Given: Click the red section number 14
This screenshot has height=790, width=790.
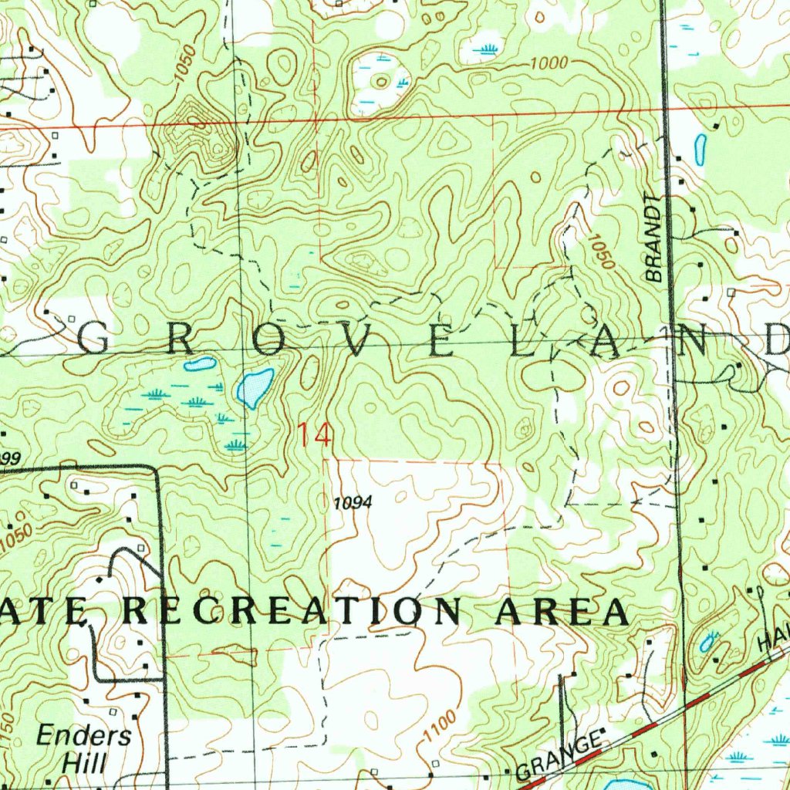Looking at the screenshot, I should (315, 435).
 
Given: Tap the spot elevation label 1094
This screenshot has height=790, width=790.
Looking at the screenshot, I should (353, 503).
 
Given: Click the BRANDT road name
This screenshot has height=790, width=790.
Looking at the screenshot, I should (654, 238).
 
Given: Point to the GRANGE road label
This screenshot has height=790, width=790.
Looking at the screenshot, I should (559, 758).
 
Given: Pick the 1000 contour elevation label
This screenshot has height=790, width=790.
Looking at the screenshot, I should (549, 64).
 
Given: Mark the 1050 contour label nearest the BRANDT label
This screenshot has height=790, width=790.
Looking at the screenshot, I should (601, 252).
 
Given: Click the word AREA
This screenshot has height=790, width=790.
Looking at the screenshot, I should (561, 612).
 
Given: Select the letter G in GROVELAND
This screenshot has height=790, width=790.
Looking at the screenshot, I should (95, 340).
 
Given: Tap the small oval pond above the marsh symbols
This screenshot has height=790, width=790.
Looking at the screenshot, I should (199, 363).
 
